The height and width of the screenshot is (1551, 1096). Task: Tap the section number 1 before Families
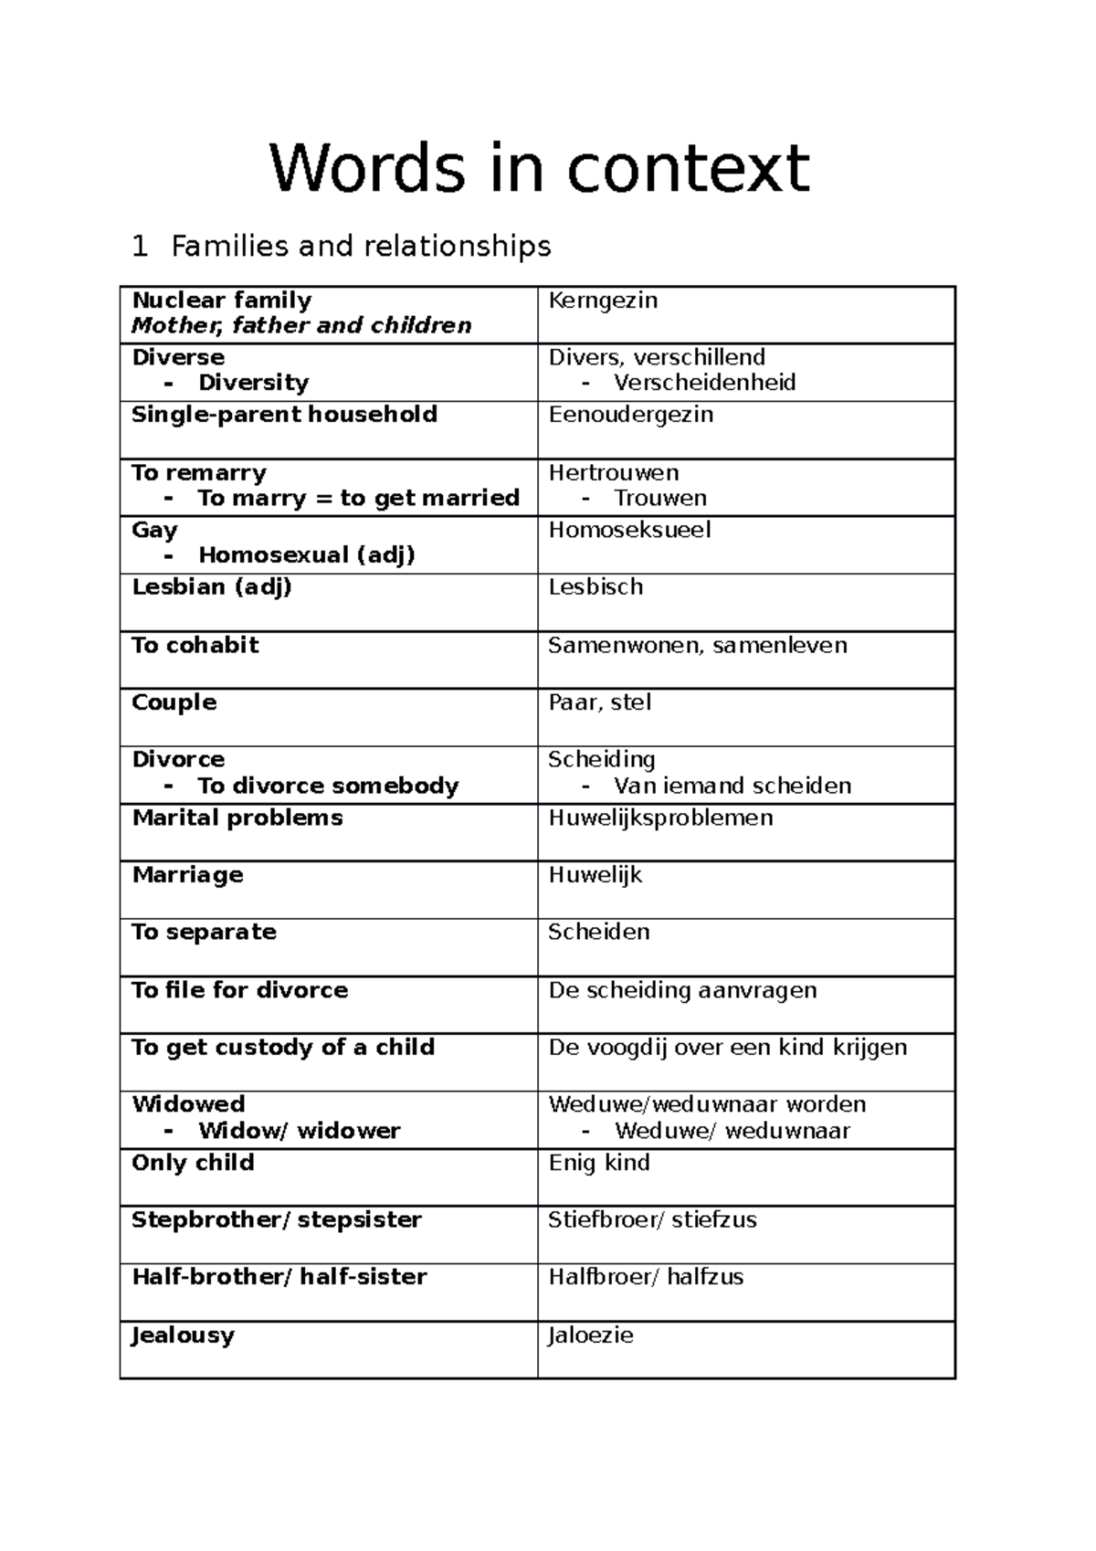(139, 247)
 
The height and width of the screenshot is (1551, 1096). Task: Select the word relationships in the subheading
(457, 247)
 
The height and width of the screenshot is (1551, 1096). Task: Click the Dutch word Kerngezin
(603, 301)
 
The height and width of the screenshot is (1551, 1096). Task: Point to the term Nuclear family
(222, 301)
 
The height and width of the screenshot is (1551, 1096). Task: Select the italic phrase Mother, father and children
(301, 326)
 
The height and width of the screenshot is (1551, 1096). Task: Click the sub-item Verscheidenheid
(704, 383)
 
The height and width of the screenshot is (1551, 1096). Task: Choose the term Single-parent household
(284, 415)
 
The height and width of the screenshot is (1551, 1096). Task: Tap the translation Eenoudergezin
(630, 415)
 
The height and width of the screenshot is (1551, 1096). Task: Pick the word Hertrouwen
(613, 473)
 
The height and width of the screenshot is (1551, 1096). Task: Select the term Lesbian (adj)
(212, 587)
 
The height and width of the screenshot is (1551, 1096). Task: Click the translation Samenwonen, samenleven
(697, 646)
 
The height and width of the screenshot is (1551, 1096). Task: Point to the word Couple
(174, 702)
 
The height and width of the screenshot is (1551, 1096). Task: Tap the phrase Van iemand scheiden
(732, 786)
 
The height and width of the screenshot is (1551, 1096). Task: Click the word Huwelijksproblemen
(660, 818)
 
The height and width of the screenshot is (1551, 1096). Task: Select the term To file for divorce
(239, 990)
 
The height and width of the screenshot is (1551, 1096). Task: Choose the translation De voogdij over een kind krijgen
(727, 1048)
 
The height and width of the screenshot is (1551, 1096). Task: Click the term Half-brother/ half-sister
(279, 1277)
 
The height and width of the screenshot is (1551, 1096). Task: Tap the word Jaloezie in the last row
(590, 1335)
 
